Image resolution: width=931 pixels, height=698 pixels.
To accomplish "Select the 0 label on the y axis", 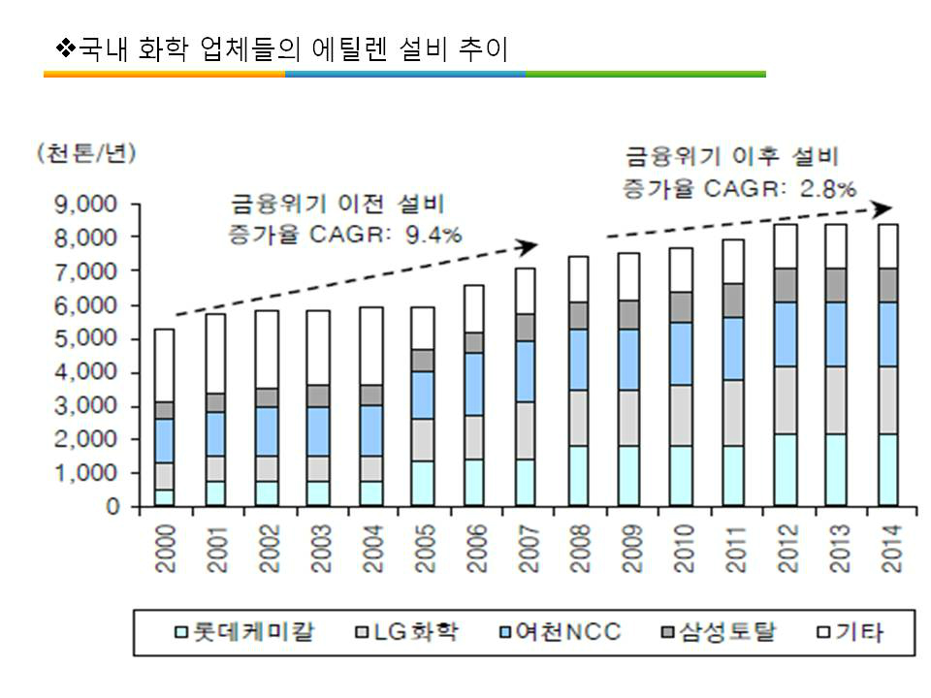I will click(114, 507).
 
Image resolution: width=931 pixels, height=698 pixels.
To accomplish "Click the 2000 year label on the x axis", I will click(165, 549).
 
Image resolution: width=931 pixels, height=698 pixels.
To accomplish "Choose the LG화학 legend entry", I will click(408, 634).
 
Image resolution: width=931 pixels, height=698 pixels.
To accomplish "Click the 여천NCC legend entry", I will click(557, 634).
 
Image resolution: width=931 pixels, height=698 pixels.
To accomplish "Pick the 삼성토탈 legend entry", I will click(722, 634).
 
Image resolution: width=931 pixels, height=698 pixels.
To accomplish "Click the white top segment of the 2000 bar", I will click(165, 365).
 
